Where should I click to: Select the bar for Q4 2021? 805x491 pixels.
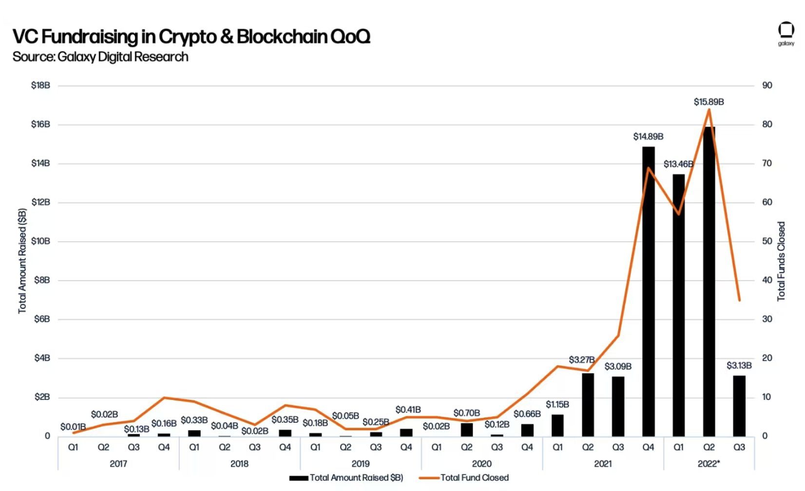649,292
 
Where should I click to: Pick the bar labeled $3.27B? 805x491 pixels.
588,405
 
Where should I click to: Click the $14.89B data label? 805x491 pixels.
648,137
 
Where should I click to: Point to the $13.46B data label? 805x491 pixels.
678,164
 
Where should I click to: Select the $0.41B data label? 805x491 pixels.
408,410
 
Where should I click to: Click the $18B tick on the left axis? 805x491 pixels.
40,86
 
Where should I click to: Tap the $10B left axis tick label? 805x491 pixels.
40,241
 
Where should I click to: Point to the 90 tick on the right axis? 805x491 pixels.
767,86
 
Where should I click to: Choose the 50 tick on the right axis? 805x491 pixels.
767,241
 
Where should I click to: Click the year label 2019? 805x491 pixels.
361,464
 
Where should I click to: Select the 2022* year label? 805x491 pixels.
709,464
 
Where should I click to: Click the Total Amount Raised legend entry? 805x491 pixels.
346,478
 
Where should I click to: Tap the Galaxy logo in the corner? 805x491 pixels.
786,33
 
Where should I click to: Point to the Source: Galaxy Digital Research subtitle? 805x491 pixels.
100,57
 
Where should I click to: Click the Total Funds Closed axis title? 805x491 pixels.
782,262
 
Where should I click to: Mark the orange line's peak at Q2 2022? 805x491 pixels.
709,110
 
